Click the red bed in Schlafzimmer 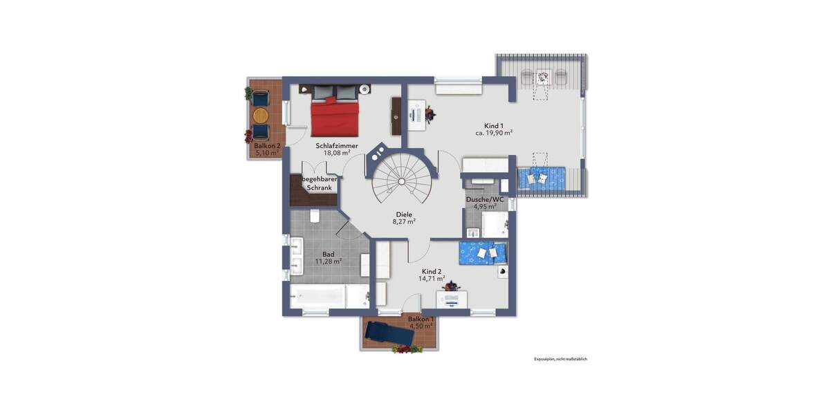(335, 116)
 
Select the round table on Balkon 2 (260, 114)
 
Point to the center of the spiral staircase (400, 181)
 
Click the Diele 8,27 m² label (404, 219)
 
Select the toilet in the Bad (315, 216)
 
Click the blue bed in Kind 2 (485, 253)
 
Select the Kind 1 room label (494, 129)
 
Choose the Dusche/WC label (484, 203)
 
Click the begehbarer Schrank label (320, 184)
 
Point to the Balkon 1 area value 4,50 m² (421, 326)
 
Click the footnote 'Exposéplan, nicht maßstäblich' (560, 359)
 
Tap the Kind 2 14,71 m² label (431, 275)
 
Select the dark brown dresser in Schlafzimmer (396, 116)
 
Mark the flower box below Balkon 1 (407, 350)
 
